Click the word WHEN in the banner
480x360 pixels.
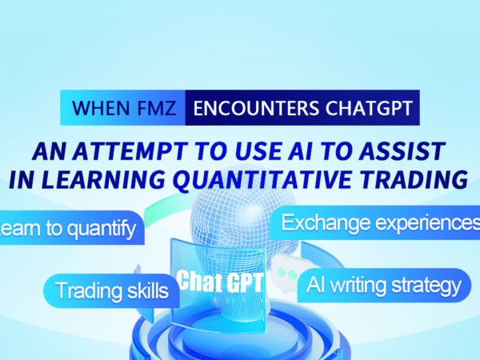coord(101,108)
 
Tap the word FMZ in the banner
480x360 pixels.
coord(157,108)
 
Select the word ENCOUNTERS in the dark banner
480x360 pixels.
coord(256,108)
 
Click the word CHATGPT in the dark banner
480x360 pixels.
coord(369,108)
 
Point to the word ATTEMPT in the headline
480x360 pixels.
coord(130,151)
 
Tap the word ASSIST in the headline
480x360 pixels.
coord(402,151)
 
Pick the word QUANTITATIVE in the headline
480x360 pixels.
coord(262,180)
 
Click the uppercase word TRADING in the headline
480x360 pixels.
coord(414,179)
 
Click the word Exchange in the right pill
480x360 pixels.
coord(326,223)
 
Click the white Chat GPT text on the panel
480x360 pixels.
coord(220,282)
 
